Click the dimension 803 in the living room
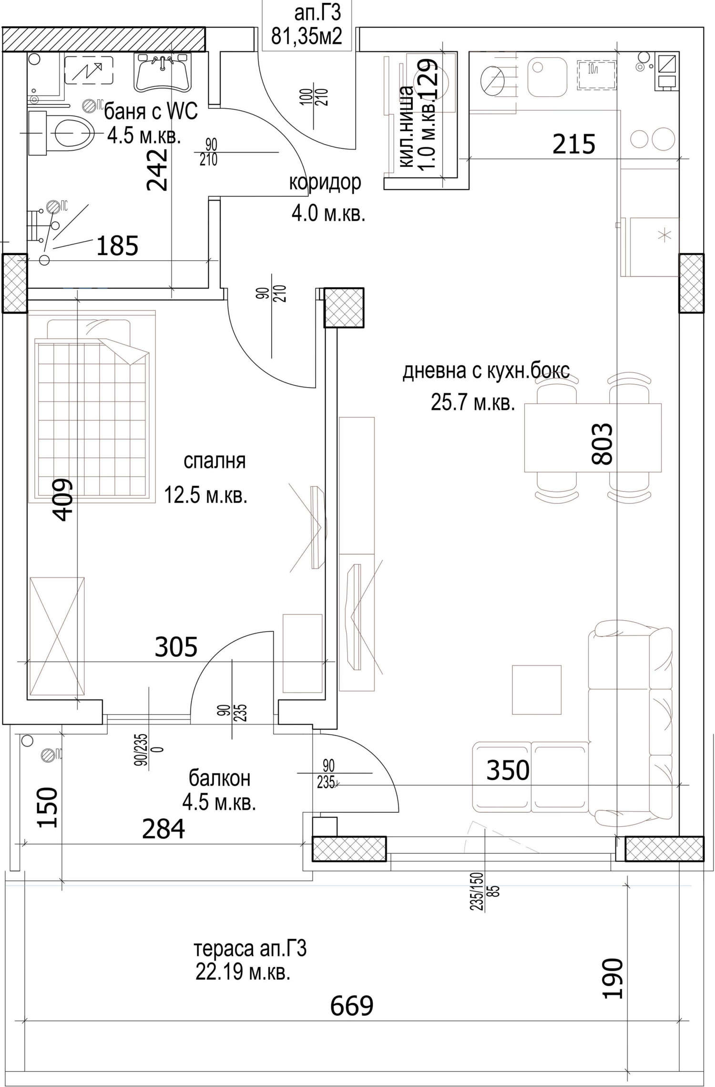pyautogui.click(x=601, y=444)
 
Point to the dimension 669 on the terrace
pyautogui.click(x=352, y=1006)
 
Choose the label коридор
pyautogui.click(x=325, y=183)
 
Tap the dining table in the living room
pyautogui.click(x=593, y=438)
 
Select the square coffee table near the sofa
pyautogui.click(x=537, y=689)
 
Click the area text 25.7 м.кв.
pyautogui.click(x=473, y=403)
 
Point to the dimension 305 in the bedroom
pyautogui.click(x=176, y=647)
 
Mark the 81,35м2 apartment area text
pyautogui.click(x=306, y=36)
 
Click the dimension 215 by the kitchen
pyautogui.click(x=574, y=144)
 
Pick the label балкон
pyautogui.click(x=219, y=779)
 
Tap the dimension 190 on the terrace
pyautogui.click(x=612, y=972)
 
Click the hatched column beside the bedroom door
pyautogui.click(x=344, y=308)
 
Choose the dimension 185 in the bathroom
pyautogui.click(x=117, y=246)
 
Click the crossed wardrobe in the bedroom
pyautogui.click(x=57, y=637)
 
